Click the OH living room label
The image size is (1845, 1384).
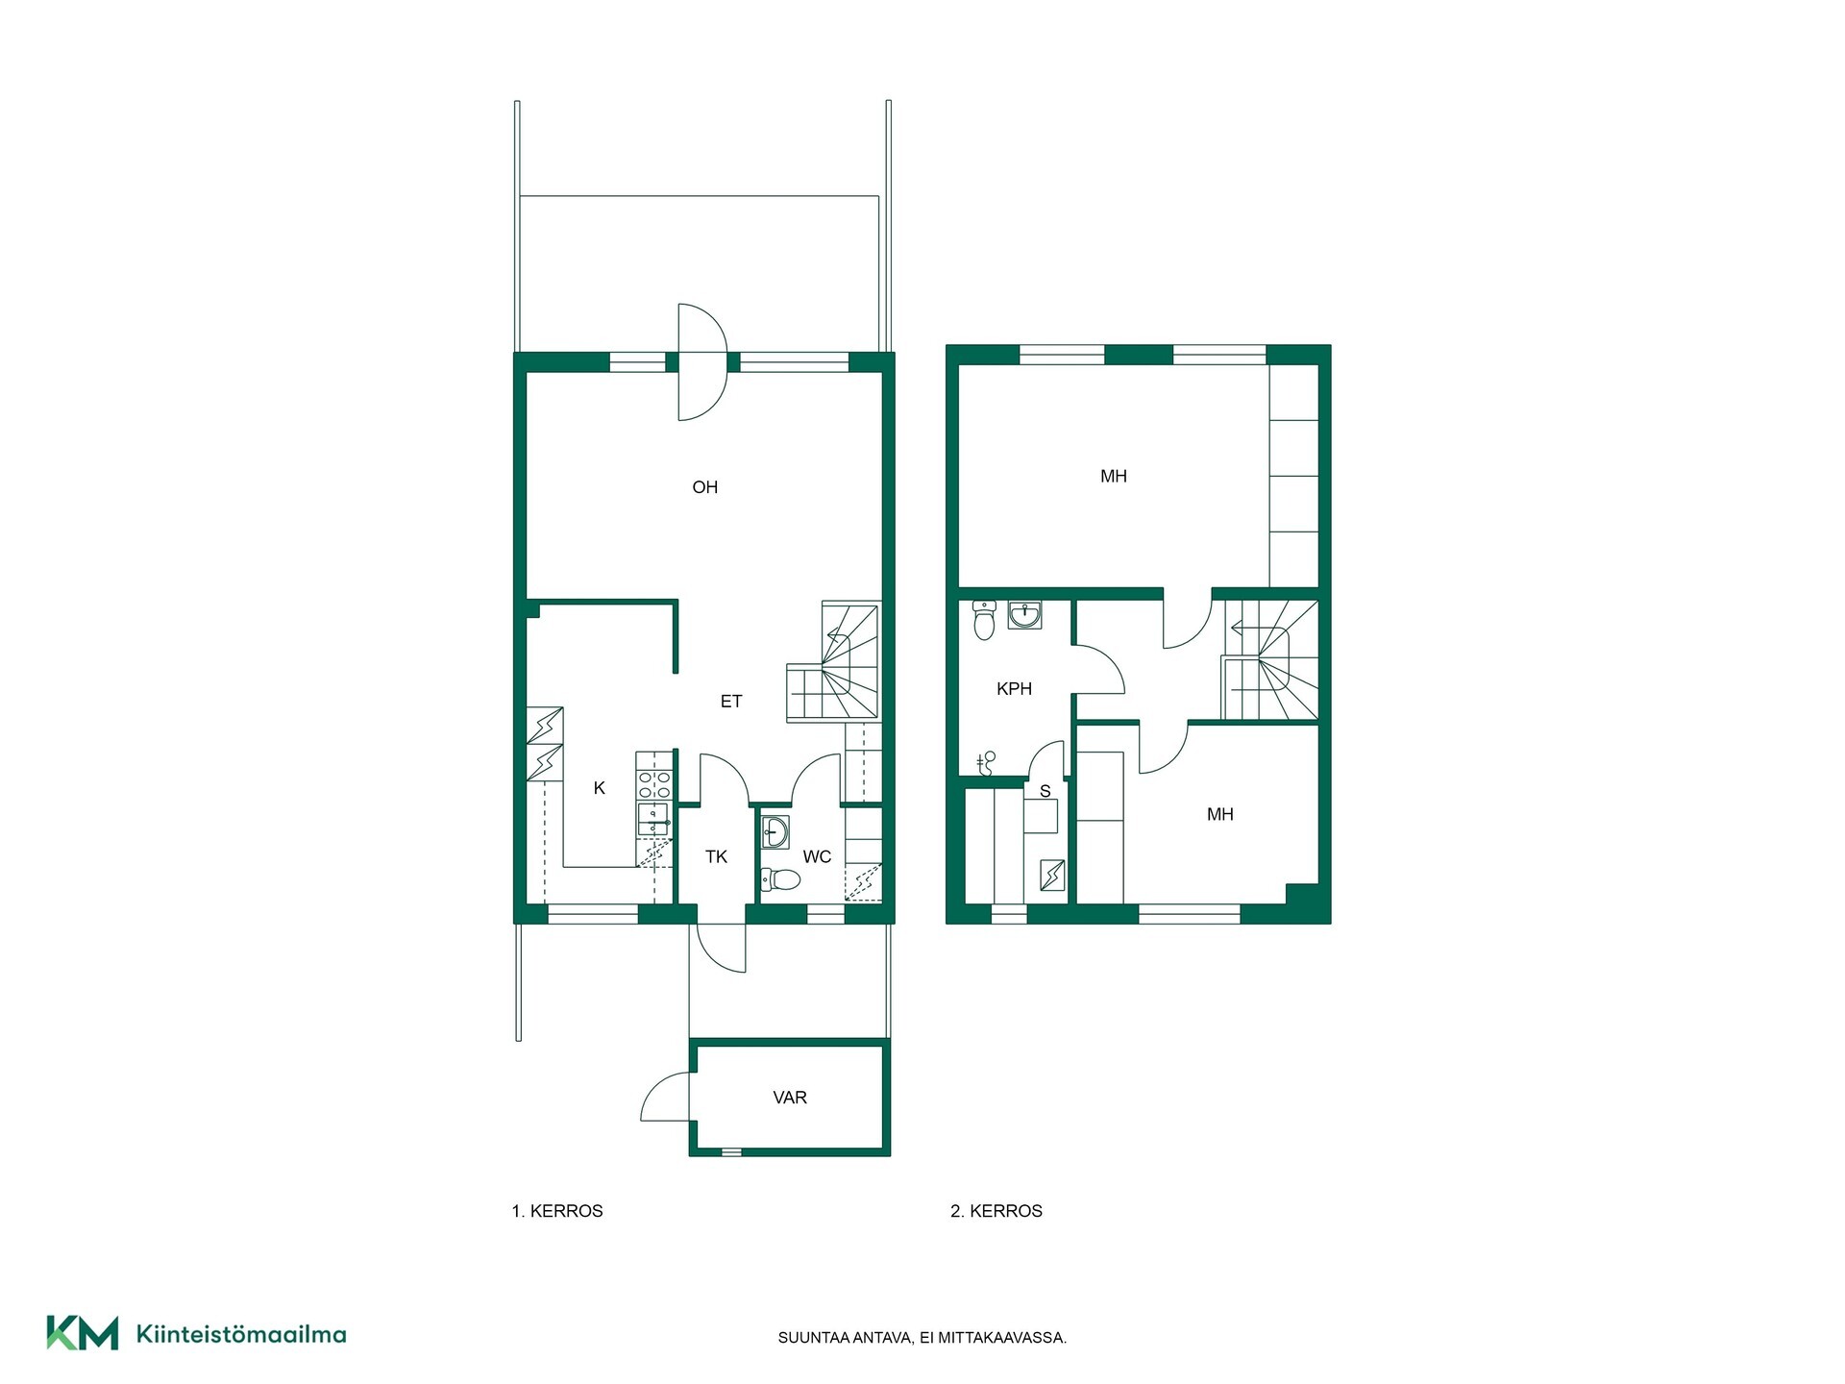pos(704,487)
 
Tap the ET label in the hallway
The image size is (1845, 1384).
pos(731,702)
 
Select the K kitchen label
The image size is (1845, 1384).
pos(600,788)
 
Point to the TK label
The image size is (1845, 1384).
pos(716,856)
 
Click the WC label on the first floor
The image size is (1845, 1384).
pos(817,856)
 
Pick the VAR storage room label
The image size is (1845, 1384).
pos(790,1098)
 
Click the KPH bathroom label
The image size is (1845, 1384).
pos(1014,689)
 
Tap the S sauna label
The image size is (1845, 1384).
pos(1045,792)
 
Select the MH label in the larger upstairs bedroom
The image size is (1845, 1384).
pos(1114,476)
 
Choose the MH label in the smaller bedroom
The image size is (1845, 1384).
pos(1220,814)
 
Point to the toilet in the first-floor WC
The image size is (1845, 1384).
pos(780,879)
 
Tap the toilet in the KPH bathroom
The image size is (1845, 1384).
pos(984,621)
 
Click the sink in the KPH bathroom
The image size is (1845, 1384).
pos(1025,615)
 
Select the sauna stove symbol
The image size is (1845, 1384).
pos(1052,875)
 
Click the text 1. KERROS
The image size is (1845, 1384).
pos(557,1211)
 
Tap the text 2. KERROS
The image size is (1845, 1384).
pos(996,1211)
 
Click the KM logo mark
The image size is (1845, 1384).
pos(83,1333)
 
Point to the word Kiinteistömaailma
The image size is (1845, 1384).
pos(241,1334)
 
